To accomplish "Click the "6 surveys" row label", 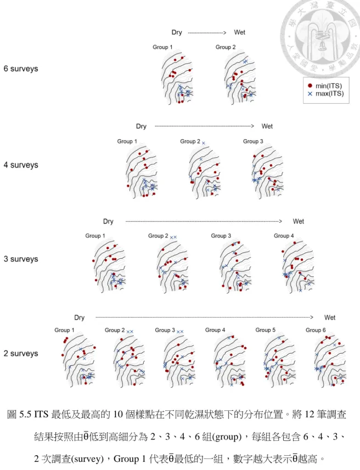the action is click(21, 69).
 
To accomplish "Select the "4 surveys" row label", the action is click(21, 165).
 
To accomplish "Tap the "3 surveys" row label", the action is click(21, 259).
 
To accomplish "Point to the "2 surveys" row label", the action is click(21, 353).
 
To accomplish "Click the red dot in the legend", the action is click(310, 86).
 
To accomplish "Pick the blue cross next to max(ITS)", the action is click(310, 94).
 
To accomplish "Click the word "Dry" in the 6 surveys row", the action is click(177, 32).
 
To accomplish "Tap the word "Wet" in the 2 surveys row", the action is click(330, 318).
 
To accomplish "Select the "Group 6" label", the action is click(316, 330).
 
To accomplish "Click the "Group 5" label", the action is click(265, 330).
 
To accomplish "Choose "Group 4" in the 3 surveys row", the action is click(284, 236).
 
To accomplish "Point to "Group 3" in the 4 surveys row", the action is click(253, 141).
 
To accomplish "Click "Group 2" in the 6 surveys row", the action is click(226, 47).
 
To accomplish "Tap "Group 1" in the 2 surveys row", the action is click(64, 330).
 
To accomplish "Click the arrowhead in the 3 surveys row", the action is click(280, 221).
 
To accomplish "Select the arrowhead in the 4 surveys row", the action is click(252, 126).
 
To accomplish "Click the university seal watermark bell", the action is click(322, 46).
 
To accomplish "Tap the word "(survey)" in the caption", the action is click(89, 458).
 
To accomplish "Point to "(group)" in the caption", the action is click(227, 437).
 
